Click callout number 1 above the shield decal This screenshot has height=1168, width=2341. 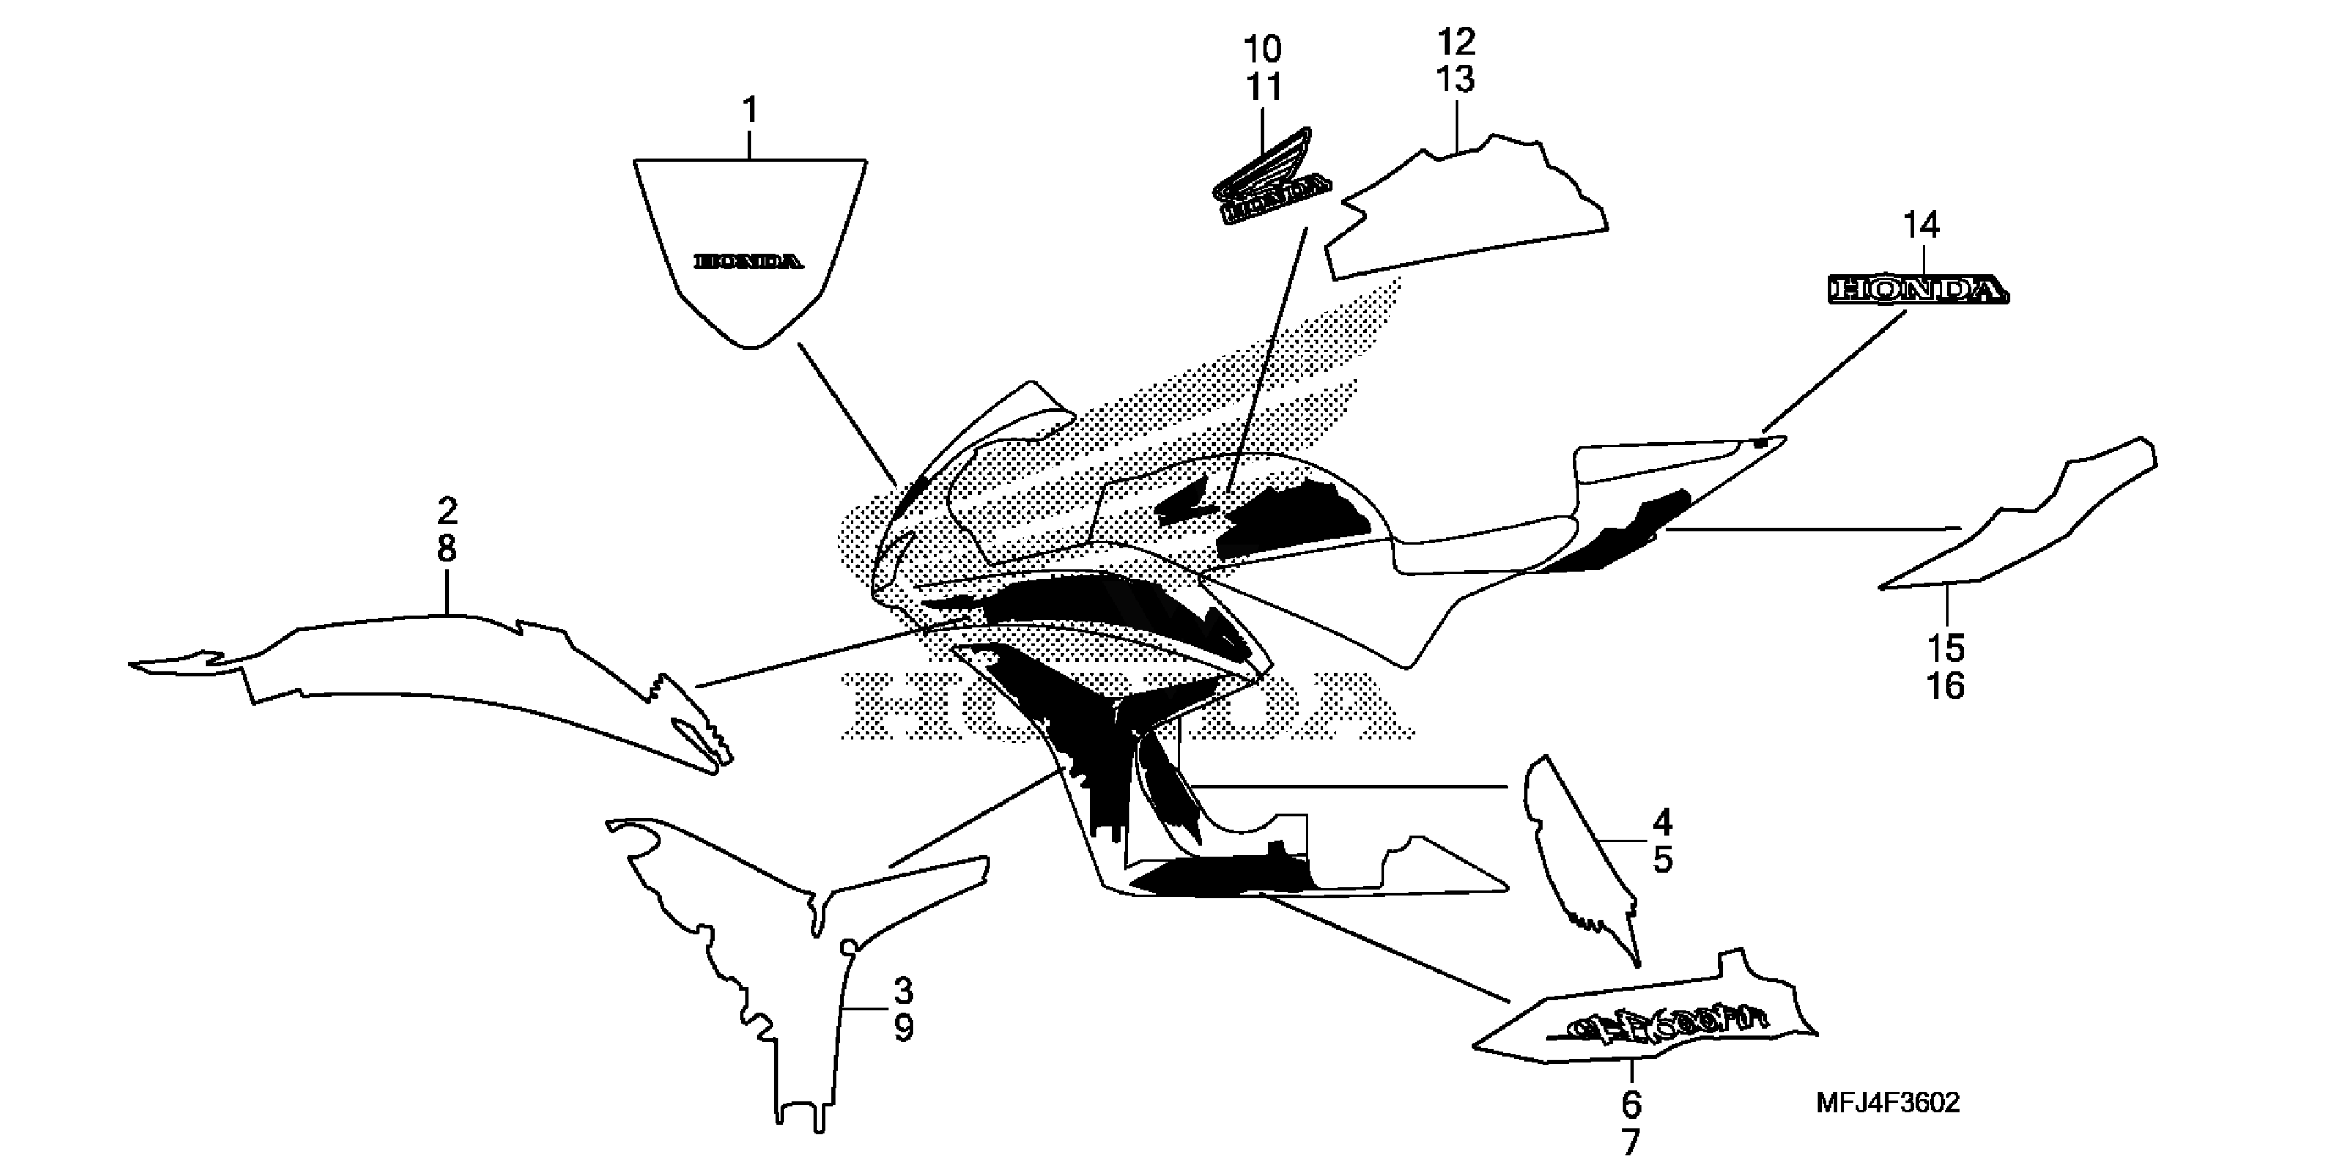(750, 111)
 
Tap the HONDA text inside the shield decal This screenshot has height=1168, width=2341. (749, 262)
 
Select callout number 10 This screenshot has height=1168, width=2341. (1262, 49)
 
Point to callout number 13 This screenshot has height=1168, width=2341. (1456, 80)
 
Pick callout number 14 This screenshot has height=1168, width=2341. (1922, 225)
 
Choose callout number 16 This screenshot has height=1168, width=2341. (1946, 686)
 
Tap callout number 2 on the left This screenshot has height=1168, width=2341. (446, 511)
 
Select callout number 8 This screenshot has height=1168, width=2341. (446, 549)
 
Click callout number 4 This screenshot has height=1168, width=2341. (1662, 822)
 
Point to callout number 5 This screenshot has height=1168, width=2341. (1662, 860)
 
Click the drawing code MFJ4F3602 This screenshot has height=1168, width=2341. (1888, 1103)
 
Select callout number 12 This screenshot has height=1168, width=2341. (1456, 42)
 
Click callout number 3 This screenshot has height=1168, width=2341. (902, 990)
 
